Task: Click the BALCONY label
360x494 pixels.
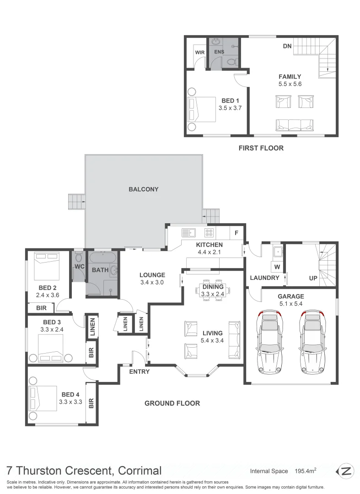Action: tap(143, 189)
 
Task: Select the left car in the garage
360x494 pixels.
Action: tap(270, 341)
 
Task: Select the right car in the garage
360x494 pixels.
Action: tap(313, 341)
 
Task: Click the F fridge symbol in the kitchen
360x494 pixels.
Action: tap(236, 232)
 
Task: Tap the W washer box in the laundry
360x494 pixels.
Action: tap(277, 266)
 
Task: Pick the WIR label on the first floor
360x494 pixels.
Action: tap(199, 52)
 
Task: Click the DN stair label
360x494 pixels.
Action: tap(287, 46)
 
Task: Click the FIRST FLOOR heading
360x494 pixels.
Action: tap(261, 148)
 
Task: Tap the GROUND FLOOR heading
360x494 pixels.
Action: tap(172, 403)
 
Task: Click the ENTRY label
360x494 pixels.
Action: tap(139, 371)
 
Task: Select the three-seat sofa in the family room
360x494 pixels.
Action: tap(294, 124)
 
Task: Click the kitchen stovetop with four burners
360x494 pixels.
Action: tap(209, 232)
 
